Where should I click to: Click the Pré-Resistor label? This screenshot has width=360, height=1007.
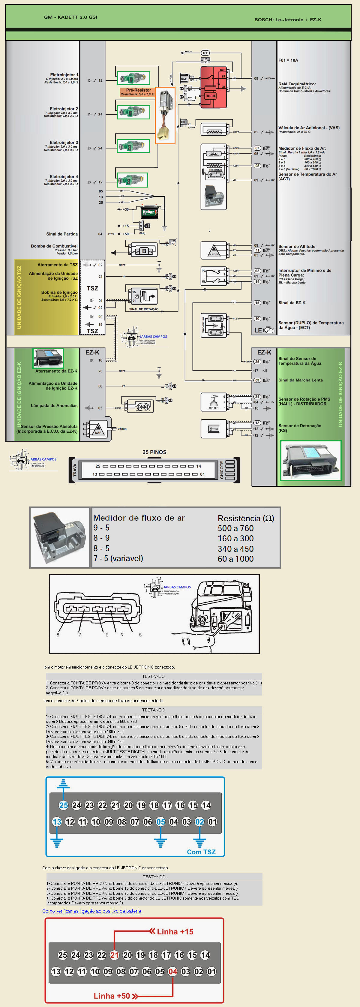click(138, 90)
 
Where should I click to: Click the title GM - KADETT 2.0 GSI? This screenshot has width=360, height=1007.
click(71, 17)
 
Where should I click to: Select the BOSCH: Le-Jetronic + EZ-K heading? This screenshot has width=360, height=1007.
click(288, 20)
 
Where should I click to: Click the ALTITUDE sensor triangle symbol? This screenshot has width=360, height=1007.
click(213, 251)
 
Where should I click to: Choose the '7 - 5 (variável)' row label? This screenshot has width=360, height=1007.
click(118, 558)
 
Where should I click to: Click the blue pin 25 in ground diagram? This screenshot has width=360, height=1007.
click(63, 805)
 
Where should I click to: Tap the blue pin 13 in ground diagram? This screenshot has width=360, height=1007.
click(57, 822)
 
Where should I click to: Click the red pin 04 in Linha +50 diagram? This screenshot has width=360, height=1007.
click(172, 971)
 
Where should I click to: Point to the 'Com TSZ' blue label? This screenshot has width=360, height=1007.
click(201, 852)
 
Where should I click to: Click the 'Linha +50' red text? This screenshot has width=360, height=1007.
click(112, 996)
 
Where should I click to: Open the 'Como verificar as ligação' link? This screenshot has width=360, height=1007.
click(92, 911)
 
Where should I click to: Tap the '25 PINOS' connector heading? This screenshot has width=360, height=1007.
click(154, 452)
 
